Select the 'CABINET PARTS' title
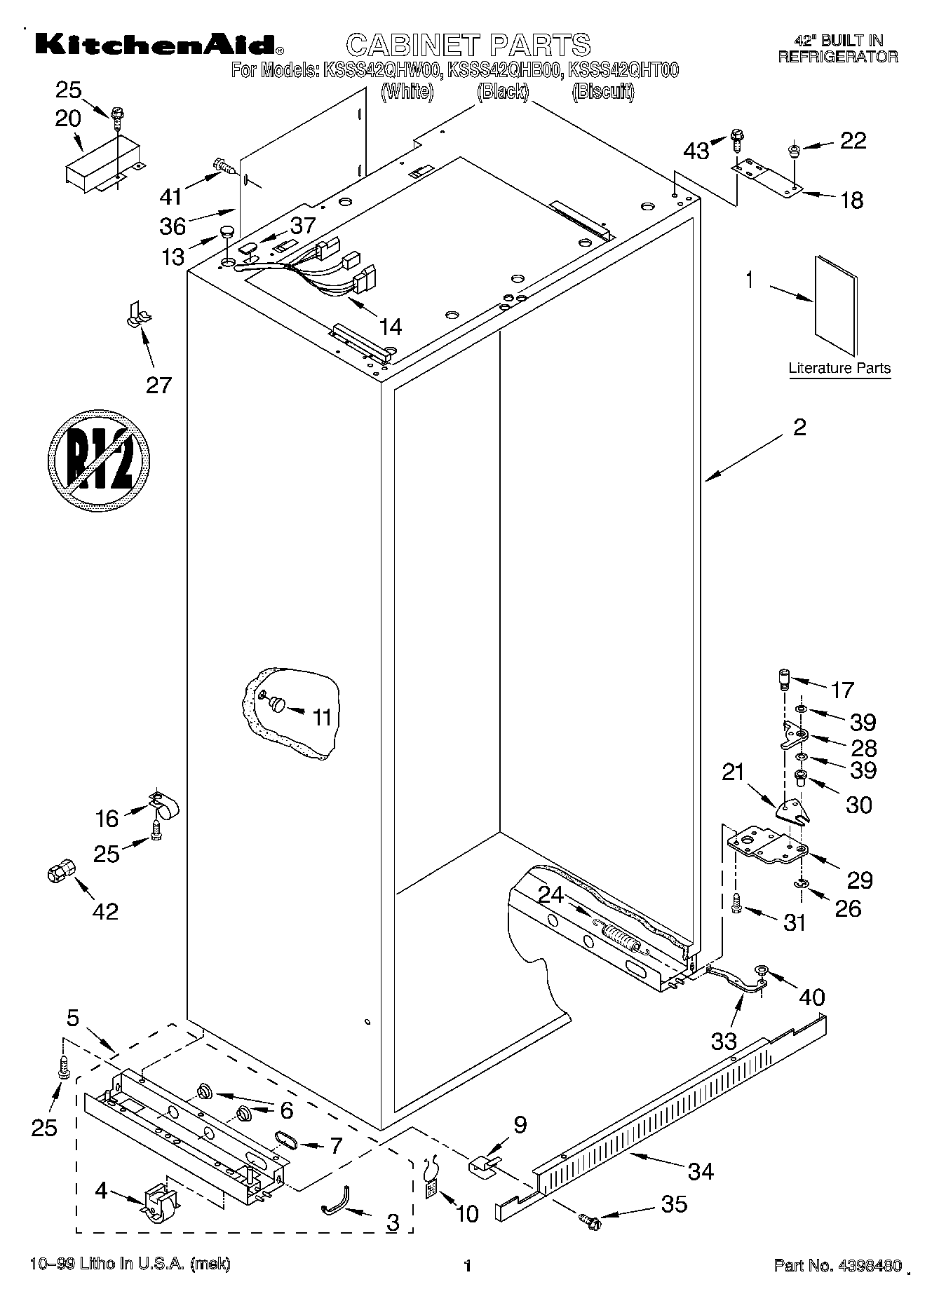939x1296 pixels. click(468, 45)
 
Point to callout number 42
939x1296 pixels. click(105, 911)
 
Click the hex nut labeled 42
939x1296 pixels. click(60, 873)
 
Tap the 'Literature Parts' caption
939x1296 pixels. click(839, 368)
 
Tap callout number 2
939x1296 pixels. click(799, 427)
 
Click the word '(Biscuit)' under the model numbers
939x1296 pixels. click(602, 92)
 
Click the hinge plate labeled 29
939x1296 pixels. click(766, 844)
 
